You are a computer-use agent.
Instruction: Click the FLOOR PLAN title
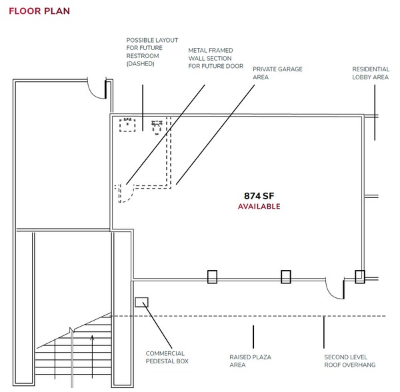point(39,12)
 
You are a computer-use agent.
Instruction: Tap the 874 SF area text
point(259,195)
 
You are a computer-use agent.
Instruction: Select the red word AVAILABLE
point(259,207)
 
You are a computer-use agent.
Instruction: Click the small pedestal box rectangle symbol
point(141,302)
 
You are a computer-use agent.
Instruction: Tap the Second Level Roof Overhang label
point(349,361)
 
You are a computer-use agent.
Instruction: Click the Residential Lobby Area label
point(370,73)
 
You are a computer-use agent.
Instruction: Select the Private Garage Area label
point(269,73)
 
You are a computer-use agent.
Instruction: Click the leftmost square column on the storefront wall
point(212,276)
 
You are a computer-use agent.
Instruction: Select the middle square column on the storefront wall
point(285,276)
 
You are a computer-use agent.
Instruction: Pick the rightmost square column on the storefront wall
point(359,276)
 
